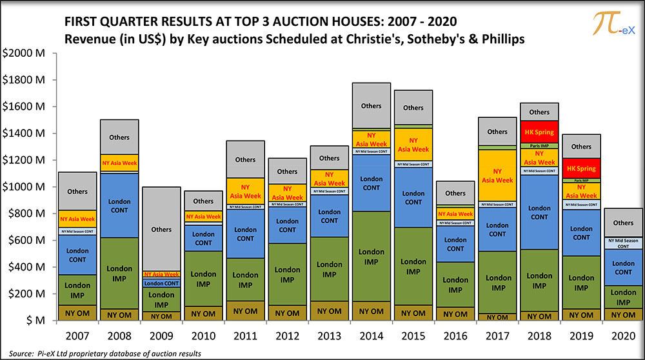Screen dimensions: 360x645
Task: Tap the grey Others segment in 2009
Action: (x=161, y=230)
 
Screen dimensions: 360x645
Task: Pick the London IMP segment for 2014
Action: (x=371, y=256)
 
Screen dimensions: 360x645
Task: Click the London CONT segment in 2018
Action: (x=539, y=212)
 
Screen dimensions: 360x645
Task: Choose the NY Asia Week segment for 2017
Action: (x=497, y=175)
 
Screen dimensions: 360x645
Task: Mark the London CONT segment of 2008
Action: (x=119, y=206)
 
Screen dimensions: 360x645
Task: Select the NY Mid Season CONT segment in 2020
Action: (x=623, y=243)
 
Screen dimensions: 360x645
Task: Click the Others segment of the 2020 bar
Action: (x=623, y=223)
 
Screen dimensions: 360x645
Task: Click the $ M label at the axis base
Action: (x=28, y=321)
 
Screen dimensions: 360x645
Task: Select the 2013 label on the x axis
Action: (x=329, y=337)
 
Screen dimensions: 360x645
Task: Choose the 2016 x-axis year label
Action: (x=455, y=337)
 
